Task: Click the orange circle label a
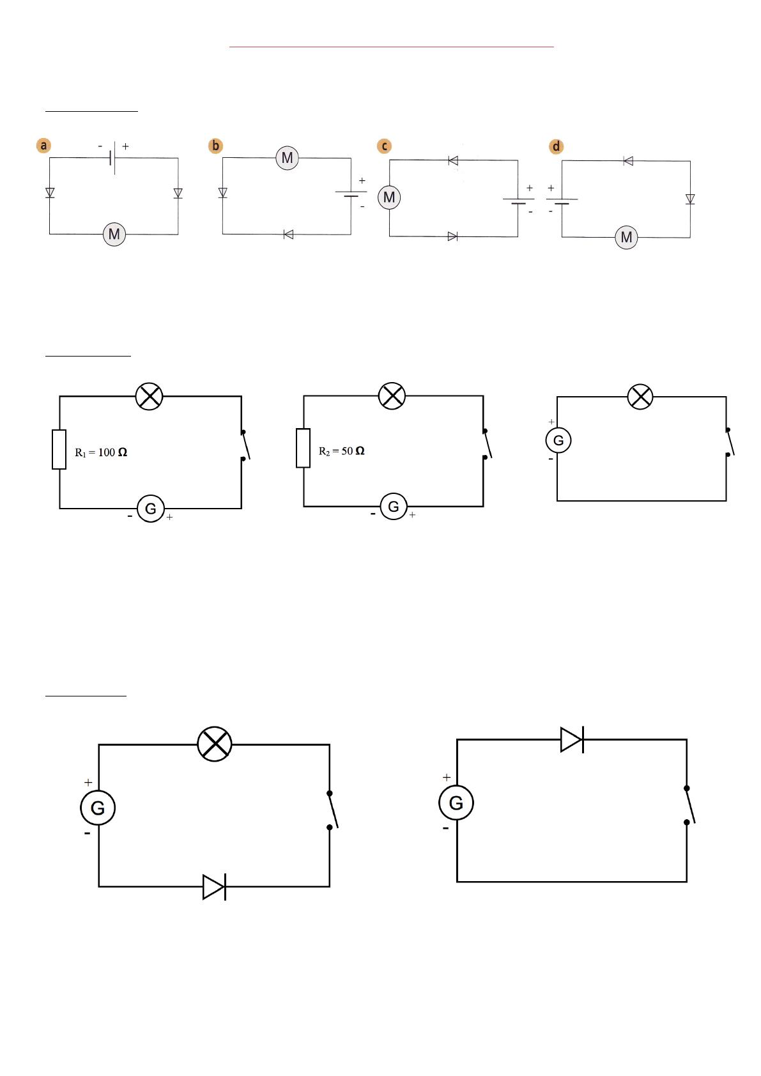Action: [43, 145]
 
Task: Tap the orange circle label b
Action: [216, 146]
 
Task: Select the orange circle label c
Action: [385, 146]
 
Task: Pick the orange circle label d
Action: [557, 146]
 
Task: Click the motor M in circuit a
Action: [114, 234]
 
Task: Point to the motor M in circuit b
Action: [288, 158]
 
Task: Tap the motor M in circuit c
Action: [389, 197]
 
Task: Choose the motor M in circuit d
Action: [626, 237]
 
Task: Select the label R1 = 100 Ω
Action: [101, 452]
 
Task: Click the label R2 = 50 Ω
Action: [342, 451]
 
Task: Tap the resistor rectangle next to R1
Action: [59, 449]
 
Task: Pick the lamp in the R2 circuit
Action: [392, 396]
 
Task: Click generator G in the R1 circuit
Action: [151, 509]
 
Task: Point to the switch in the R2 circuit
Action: [487, 444]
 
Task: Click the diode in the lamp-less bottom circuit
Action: [573, 740]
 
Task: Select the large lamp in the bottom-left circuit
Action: [215, 744]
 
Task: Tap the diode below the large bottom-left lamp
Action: [214, 887]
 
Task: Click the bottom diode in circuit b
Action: [288, 234]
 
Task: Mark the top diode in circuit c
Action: [452, 160]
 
